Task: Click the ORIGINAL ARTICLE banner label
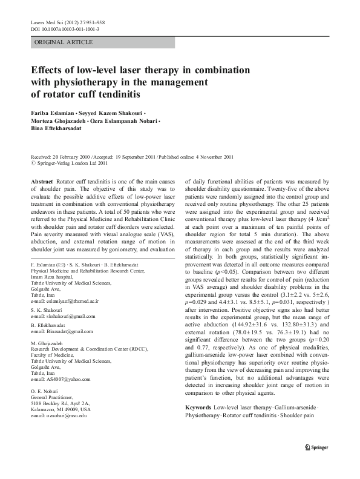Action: click(64, 42)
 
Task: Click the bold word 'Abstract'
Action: click(41, 182)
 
